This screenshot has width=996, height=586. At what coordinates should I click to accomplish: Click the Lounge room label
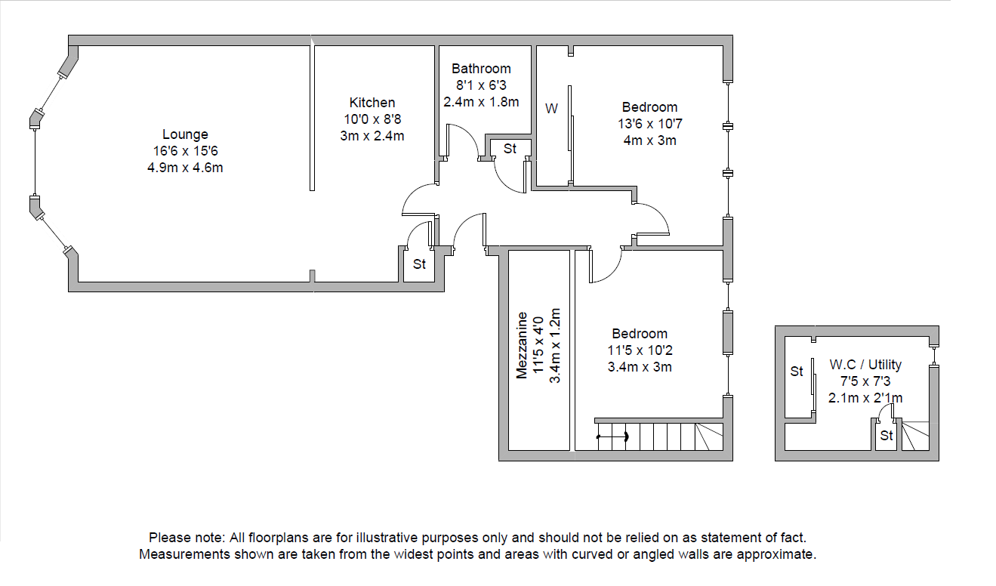(x=185, y=134)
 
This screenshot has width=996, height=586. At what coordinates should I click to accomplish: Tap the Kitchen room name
(x=372, y=103)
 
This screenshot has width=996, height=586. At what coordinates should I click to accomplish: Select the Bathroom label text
(x=481, y=69)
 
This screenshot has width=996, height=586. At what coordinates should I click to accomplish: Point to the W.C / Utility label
(x=865, y=364)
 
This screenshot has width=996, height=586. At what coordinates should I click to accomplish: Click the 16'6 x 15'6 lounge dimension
(x=185, y=151)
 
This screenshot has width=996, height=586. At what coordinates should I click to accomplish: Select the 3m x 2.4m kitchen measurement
(x=372, y=136)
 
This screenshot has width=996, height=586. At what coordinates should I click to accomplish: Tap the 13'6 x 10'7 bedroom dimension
(x=649, y=124)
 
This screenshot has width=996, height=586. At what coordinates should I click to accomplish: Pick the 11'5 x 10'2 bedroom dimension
(x=640, y=350)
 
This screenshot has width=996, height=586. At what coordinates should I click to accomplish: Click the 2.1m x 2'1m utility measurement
(x=865, y=398)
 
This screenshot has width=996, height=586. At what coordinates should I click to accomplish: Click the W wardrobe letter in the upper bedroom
(x=551, y=109)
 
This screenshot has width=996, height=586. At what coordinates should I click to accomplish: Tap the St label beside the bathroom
(x=510, y=149)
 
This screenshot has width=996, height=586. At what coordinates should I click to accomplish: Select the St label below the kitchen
(x=419, y=264)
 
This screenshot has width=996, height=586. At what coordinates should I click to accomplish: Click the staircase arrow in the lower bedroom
(x=613, y=436)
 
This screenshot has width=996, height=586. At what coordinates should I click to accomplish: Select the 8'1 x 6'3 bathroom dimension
(x=481, y=85)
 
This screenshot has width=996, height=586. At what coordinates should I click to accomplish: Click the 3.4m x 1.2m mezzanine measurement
(x=555, y=345)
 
